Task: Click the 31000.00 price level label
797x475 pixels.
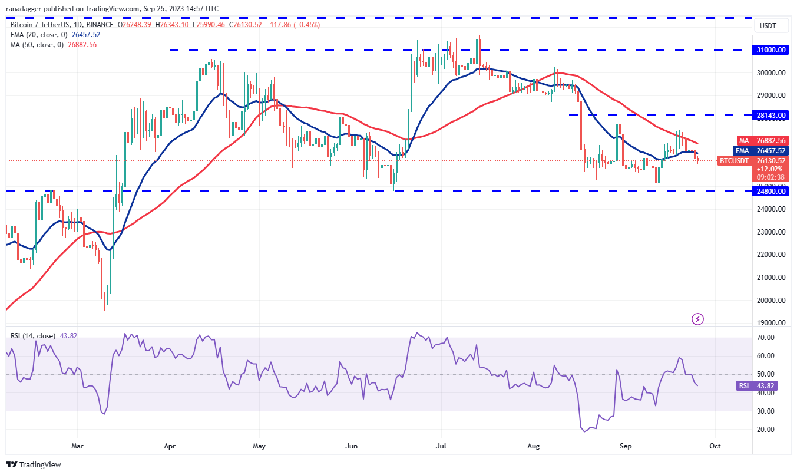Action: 772,50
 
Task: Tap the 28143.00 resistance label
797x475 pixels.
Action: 772,116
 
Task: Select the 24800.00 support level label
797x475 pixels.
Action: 772,191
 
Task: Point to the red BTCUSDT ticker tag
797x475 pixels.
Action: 734,160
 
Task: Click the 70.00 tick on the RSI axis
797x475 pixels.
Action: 766,338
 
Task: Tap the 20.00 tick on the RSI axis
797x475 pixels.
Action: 766,429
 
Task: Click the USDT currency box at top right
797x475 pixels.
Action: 769,26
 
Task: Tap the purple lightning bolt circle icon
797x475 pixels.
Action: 698,319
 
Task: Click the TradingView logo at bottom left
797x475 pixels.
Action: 35,464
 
